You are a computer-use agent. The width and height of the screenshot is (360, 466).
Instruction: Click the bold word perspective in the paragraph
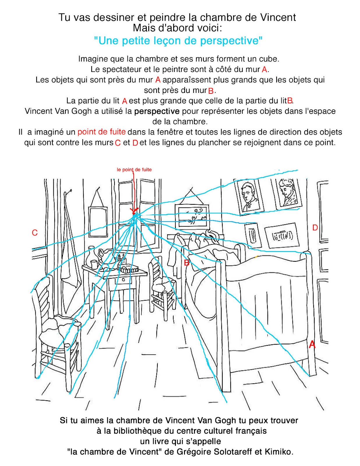[157, 111]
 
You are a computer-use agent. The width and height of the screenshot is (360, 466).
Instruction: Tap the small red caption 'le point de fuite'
[134, 170]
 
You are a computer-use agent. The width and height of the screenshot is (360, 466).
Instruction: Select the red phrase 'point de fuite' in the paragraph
[101, 132]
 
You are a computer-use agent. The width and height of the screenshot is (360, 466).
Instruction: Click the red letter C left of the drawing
[35, 233]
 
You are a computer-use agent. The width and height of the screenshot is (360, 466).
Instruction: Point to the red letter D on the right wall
[315, 228]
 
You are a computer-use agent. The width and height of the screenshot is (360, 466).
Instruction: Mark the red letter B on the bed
[186, 263]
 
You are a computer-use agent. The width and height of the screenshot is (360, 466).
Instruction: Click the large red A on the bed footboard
[312, 344]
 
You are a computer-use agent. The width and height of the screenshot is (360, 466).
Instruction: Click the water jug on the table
[92, 254]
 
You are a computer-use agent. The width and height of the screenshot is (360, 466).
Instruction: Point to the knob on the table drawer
[124, 280]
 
